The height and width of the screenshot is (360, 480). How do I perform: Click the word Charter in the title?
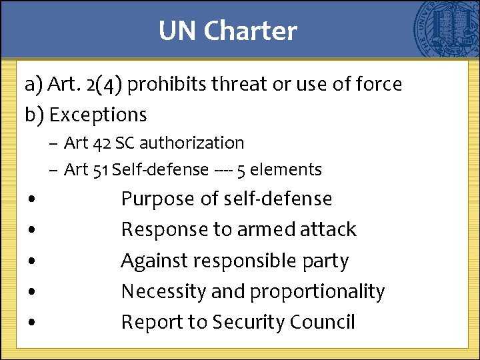coord(251,31)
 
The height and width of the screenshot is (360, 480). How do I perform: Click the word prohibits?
coord(166,85)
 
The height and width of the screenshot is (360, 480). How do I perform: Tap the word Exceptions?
coord(98,115)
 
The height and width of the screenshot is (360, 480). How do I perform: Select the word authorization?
coord(194,143)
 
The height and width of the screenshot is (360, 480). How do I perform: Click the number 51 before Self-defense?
coord(101,170)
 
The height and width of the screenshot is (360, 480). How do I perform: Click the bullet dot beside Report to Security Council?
coord(32,323)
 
